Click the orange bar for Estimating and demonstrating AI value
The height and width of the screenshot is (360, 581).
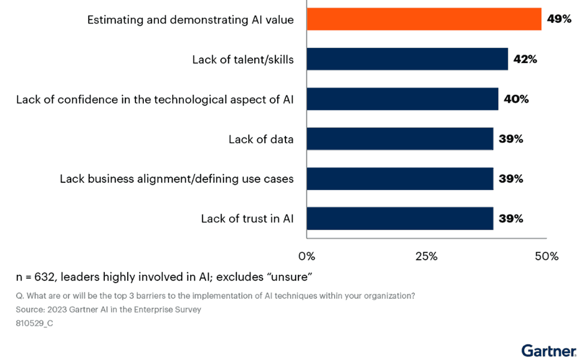coord(424,19)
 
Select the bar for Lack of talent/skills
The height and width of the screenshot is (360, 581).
coord(407,59)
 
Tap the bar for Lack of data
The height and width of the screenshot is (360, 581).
coord(400,139)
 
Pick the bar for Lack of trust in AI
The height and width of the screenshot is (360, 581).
coord(400,218)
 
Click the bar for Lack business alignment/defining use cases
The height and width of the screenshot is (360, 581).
coord(400,179)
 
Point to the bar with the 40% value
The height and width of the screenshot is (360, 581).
coord(402,99)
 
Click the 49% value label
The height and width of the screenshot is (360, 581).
coord(558,19)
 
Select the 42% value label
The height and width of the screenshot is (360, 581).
coord(525,59)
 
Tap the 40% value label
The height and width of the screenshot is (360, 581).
coord(516,99)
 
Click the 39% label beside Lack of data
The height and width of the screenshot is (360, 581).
coord(511,139)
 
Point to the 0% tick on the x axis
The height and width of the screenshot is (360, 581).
coord(306,256)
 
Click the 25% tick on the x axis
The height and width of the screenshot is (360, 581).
coord(426,256)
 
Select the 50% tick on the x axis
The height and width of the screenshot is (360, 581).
coord(546,256)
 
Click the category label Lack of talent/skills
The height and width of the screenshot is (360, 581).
coord(243,59)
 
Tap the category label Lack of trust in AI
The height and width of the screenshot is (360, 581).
coord(247,219)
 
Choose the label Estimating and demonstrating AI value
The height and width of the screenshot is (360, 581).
coord(190,20)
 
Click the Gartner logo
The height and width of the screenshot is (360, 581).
coord(549,349)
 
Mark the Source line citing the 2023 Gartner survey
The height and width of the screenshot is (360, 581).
coord(109,310)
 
